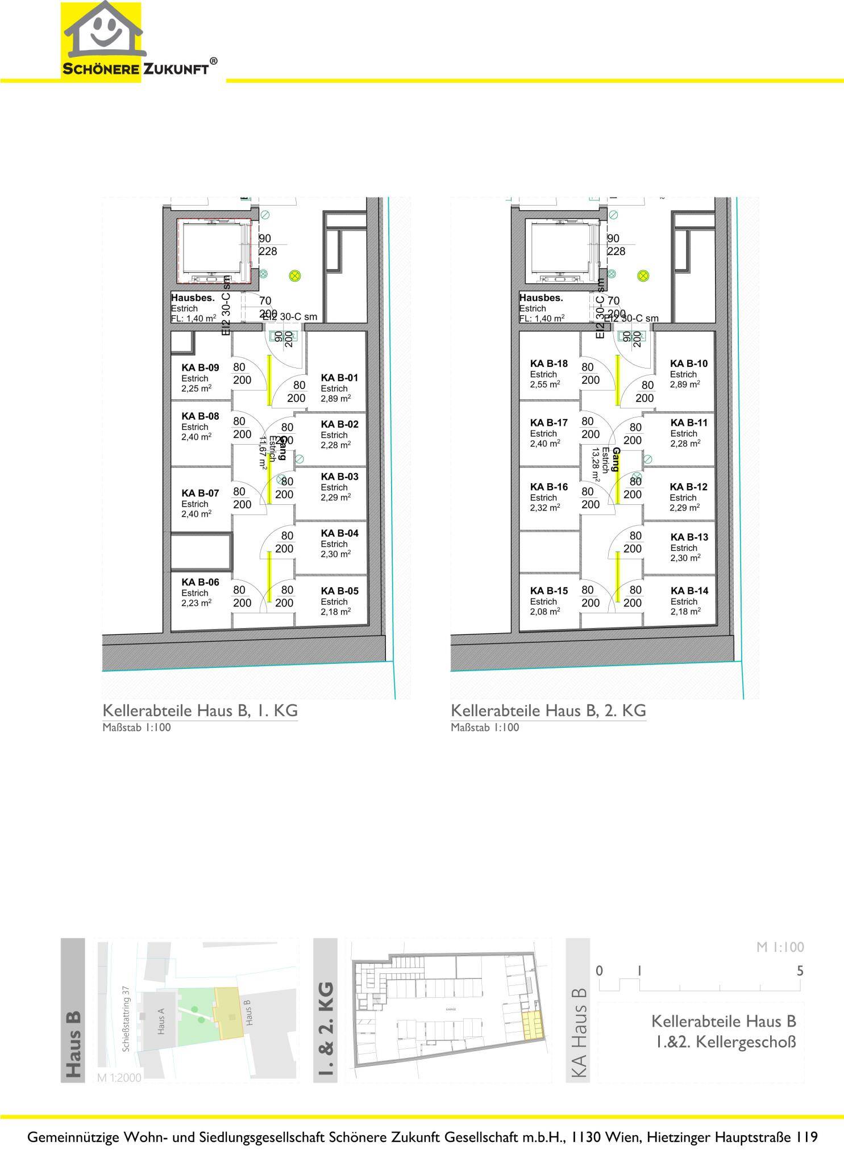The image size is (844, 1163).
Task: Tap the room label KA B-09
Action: (x=199, y=368)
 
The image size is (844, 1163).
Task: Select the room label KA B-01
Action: (x=339, y=378)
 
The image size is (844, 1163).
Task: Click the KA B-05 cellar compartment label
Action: (x=339, y=591)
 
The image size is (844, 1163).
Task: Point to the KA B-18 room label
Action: (x=548, y=363)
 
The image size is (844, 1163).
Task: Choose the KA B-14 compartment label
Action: (x=689, y=591)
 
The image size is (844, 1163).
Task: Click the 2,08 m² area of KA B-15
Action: (x=545, y=612)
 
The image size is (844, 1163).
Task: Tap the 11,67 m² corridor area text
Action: (x=263, y=453)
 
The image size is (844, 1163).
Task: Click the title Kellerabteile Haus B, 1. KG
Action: (x=199, y=711)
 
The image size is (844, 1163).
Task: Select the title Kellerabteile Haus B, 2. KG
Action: (x=548, y=711)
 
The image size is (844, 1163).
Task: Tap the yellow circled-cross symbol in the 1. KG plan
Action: (x=295, y=276)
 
